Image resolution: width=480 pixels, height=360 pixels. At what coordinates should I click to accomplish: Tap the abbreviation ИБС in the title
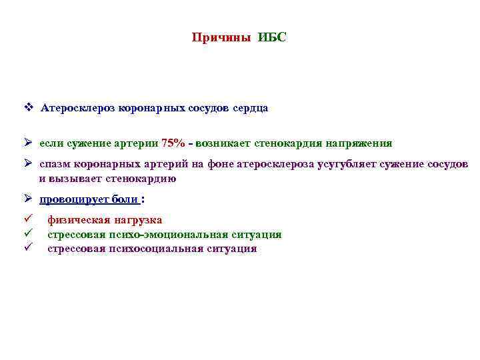click(272, 37)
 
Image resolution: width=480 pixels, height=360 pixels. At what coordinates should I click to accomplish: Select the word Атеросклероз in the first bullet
click(79, 107)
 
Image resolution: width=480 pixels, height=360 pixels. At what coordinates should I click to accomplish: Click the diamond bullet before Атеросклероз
click(29, 107)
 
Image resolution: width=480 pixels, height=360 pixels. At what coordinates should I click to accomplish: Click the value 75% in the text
click(173, 143)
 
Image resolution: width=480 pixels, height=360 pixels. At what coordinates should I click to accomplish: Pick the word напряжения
click(359, 143)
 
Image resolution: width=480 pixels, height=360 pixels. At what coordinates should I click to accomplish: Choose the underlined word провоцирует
click(71, 199)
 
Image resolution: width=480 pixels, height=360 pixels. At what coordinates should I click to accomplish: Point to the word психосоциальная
click(157, 249)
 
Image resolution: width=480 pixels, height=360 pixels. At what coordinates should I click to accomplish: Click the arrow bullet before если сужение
click(29, 143)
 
